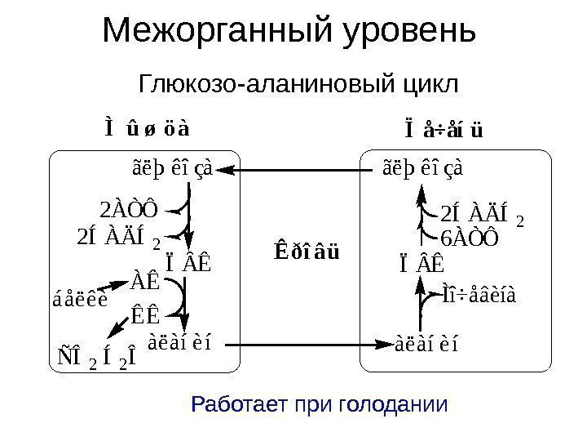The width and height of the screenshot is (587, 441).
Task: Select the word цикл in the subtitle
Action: point(429,83)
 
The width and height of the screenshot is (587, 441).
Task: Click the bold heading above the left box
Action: point(147,129)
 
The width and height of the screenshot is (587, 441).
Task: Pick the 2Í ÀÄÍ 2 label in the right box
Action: point(481,217)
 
